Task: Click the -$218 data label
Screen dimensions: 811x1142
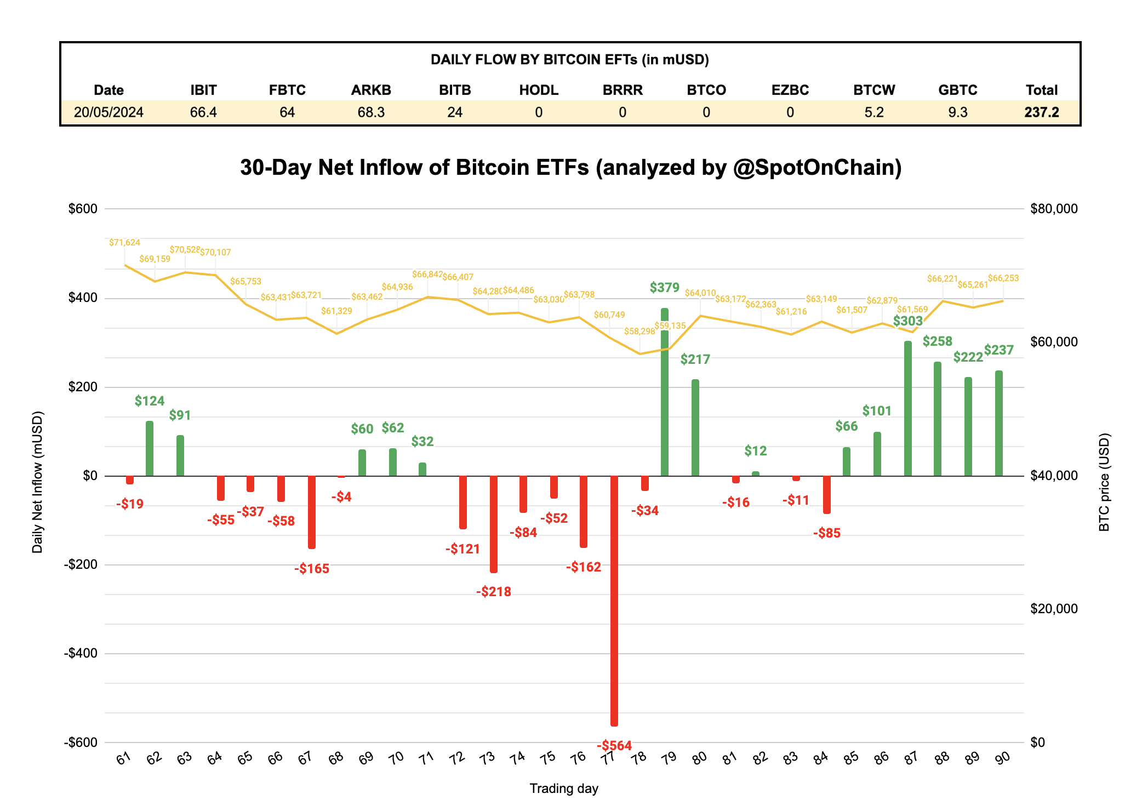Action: (x=494, y=591)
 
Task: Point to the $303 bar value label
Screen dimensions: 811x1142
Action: (x=908, y=321)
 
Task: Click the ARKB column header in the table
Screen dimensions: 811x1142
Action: (x=371, y=90)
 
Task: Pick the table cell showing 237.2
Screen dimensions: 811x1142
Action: (x=1041, y=112)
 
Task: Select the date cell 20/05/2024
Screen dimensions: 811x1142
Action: (x=109, y=112)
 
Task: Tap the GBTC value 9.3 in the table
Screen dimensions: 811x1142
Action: (x=957, y=112)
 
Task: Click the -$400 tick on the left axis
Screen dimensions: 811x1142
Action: (x=81, y=653)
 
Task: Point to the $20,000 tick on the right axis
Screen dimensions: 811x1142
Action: (x=1053, y=609)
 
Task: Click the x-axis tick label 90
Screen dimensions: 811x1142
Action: (x=1002, y=758)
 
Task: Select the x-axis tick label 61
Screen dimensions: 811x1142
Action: (x=124, y=758)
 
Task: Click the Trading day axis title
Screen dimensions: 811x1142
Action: (x=564, y=789)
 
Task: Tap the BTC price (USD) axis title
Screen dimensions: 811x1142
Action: (x=1104, y=482)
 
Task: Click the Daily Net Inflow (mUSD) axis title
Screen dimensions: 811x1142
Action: (x=37, y=482)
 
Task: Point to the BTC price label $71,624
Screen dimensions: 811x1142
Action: (x=124, y=242)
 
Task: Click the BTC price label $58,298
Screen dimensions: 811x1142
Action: (x=639, y=332)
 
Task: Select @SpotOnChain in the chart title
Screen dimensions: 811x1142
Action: (x=817, y=168)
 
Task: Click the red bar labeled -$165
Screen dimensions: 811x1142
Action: (x=312, y=512)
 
